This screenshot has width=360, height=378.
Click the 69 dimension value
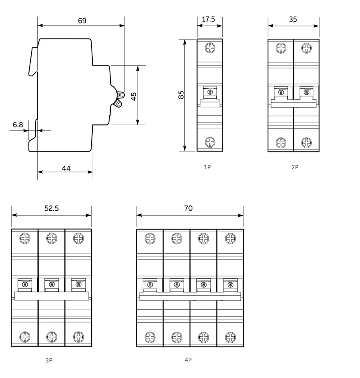tap(82, 20)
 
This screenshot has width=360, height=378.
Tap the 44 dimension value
tap(66, 168)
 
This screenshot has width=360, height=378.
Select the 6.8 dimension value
tap(18, 125)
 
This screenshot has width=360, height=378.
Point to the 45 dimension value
tap(134, 96)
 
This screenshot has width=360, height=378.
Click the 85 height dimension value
tap(181, 95)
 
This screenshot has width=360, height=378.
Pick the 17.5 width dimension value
tap(209, 19)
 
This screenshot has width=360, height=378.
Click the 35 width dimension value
tap(293, 19)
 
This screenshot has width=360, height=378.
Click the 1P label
tap(207, 167)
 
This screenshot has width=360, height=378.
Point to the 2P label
tap(295, 167)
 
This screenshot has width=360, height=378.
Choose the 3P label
tap(49, 360)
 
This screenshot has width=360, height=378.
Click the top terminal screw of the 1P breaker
tap(210, 48)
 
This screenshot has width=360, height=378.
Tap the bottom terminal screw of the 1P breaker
tap(210, 142)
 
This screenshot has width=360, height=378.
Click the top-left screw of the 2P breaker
tap(281, 48)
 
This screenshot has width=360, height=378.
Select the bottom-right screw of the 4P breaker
tap(230, 336)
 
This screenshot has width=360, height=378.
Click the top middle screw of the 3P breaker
tap(52, 239)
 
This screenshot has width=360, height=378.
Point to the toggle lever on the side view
tap(119, 99)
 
